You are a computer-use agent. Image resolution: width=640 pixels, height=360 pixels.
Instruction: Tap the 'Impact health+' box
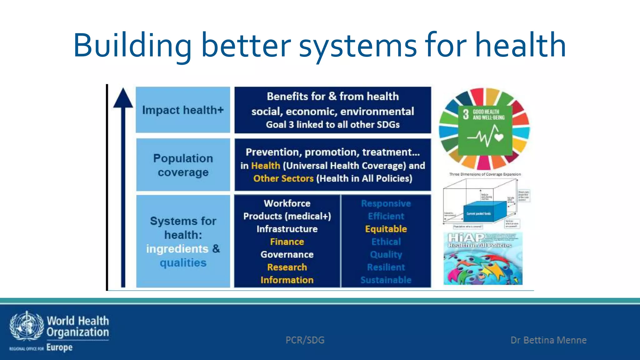(183, 110)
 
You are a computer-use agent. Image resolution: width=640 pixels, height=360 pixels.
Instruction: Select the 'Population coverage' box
(183, 165)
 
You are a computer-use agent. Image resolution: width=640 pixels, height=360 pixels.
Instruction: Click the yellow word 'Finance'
(287, 242)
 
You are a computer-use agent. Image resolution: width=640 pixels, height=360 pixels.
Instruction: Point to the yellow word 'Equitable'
(386, 229)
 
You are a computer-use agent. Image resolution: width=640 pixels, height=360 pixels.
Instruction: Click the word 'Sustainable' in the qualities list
(386, 280)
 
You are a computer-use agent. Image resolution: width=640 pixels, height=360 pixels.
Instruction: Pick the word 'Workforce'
(287, 203)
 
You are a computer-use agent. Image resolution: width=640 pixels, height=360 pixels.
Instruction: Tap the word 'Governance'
(287, 254)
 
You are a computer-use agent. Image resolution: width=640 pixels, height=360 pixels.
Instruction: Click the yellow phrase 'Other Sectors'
(283, 178)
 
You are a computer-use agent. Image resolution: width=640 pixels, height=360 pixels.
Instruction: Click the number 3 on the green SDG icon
(466, 114)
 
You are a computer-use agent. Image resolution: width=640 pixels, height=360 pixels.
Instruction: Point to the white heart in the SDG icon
(499, 137)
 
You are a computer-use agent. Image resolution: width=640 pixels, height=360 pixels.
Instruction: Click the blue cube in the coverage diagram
(484, 212)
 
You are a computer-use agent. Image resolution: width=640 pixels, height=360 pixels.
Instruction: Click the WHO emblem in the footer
(27, 326)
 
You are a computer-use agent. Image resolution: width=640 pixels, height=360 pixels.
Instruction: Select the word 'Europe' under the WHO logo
(59, 347)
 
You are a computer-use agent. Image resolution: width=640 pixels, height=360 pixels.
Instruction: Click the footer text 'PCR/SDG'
(305, 340)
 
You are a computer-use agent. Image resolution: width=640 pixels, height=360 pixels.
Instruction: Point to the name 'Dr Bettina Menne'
(548, 340)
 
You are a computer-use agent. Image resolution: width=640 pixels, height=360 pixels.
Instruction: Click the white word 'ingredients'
(177, 249)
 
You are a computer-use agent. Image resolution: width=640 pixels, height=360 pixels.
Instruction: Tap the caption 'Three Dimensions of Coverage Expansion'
(485, 174)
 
